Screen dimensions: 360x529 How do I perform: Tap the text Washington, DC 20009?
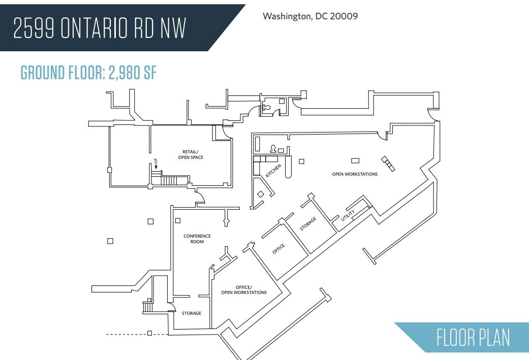[x=310, y=16]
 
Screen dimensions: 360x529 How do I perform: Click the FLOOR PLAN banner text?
[x=473, y=338]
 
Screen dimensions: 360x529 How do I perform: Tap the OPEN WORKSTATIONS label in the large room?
[x=355, y=174]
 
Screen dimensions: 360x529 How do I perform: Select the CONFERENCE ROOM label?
[x=197, y=239]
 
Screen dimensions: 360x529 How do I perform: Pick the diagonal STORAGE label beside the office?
[x=308, y=224]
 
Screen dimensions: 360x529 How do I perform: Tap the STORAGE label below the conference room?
[x=192, y=313]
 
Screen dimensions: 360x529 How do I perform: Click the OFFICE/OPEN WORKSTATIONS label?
[x=243, y=290]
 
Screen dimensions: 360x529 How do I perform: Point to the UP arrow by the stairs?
[x=156, y=164]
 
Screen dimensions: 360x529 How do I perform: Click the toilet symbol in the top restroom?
[x=268, y=108]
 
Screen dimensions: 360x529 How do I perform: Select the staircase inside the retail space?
[x=170, y=180]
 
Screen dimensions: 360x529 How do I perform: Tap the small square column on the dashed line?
[x=149, y=333]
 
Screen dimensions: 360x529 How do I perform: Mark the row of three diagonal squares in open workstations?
[x=388, y=163]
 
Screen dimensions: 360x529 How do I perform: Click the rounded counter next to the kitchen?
[x=289, y=168]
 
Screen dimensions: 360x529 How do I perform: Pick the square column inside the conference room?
[x=178, y=220]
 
